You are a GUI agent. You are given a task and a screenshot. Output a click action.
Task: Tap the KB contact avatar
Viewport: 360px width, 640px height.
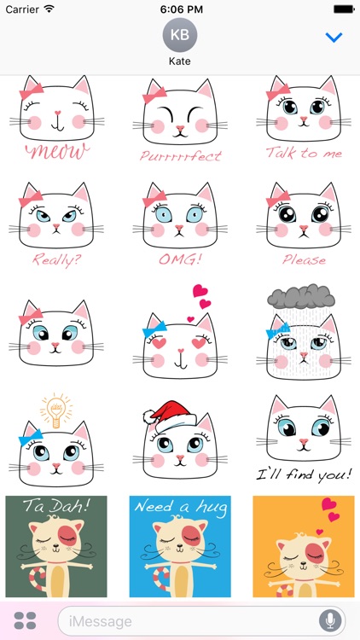click(x=180, y=35)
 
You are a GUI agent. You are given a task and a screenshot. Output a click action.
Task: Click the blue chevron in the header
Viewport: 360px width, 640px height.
click(x=334, y=38)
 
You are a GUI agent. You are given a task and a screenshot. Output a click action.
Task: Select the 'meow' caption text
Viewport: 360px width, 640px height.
click(x=57, y=151)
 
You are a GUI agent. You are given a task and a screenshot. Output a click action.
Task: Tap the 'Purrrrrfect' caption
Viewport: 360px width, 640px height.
click(x=181, y=155)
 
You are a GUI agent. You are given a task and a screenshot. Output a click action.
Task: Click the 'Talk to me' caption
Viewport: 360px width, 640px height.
click(x=304, y=153)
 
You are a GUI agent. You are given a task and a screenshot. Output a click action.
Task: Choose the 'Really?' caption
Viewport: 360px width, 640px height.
click(x=57, y=259)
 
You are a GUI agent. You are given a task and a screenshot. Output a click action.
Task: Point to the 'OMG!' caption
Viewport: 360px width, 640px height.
click(x=180, y=259)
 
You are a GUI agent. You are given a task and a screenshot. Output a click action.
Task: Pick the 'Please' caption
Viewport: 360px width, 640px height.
click(x=304, y=259)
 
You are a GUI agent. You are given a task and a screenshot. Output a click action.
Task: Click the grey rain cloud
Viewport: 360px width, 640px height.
click(x=301, y=297)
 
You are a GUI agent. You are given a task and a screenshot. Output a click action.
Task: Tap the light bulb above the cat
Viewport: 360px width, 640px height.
click(x=56, y=410)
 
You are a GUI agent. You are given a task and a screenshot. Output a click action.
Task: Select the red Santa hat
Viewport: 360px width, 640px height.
click(x=170, y=416)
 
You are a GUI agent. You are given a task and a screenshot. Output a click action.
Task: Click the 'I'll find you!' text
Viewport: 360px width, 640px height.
click(x=304, y=474)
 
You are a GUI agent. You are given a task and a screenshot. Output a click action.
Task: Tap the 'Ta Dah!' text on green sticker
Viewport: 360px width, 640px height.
click(x=56, y=506)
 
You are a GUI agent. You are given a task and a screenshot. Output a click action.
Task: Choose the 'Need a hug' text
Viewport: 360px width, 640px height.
click(x=180, y=508)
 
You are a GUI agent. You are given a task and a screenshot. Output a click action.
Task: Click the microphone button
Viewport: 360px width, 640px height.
click(x=330, y=621)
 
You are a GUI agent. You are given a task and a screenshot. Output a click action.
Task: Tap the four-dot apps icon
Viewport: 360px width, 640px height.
click(x=26, y=621)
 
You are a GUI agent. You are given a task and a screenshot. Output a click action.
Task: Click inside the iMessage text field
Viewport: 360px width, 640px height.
click(x=188, y=621)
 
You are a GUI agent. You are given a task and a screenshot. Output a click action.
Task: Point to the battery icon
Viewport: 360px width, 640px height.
click(x=344, y=9)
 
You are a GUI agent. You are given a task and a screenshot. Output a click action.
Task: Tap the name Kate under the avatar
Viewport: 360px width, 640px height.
click(x=180, y=61)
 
